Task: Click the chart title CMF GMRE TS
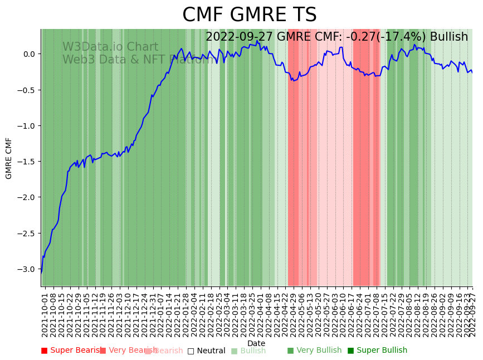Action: pyautogui.click(x=249, y=15)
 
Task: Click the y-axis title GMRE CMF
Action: pyautogui.click(x=9, y=158)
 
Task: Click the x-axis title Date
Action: pyautogui.click(x=256, y=343)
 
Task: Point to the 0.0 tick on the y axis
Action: pyautogui.click(x=28, y=54)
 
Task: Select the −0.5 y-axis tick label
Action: pyautogui.click(x=27, y=90)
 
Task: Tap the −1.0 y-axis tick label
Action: pyautogui.click(x=27, y=126)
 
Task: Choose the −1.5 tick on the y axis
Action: pyautogui.click(x=27, y=162)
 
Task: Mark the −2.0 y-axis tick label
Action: pyautogui.click(x=27, y=198)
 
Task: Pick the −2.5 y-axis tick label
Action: pyautogui.click(x=27, y=233)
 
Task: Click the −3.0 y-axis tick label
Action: pyautogui.click(x=27, y=269)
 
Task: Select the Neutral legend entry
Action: pyautogui.click(x=207, y=351)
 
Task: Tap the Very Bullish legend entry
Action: pyautogui.click(x=315, y=351)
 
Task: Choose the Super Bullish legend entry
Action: pyautogui.click(x=378, y=351)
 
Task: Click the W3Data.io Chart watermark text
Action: pyautogui.click(x=110, y=47)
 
